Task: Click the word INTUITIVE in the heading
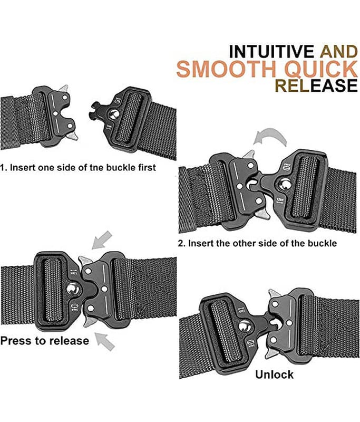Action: [x=271, y=51]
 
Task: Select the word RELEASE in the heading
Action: [x=316, y=85]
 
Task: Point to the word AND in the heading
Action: [x=338, y=51]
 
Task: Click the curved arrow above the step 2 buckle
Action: [x=271, y=137]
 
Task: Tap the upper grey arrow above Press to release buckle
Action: [x=102, y=240]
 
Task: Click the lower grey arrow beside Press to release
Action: [x=105, y=341]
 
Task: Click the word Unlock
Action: [x=274, y=375]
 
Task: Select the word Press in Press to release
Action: [x=16, y=341]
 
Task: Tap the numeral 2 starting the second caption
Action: [x=180, y=243]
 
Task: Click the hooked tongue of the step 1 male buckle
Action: [x=96, y=113]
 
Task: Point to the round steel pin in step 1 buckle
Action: [x=114, y=114]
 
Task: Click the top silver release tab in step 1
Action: [x=64, y=88]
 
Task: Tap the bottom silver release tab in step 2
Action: [x=263, y=215]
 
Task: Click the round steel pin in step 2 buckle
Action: [x=284, y=184]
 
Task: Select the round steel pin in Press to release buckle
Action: [x=73, y=290]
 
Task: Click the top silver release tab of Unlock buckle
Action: [x=275, y=293]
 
